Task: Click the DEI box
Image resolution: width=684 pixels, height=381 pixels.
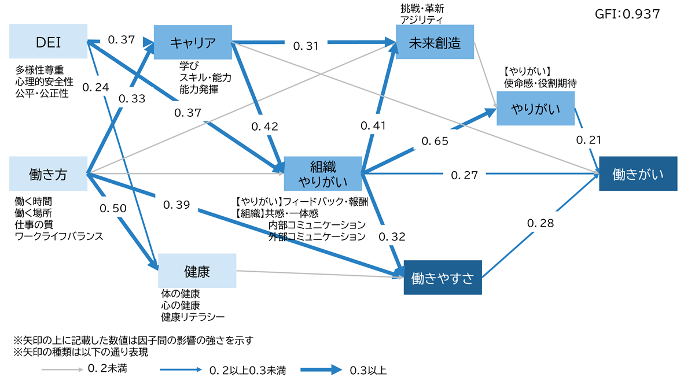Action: (48, 41)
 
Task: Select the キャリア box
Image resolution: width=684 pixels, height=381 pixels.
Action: (193, 42)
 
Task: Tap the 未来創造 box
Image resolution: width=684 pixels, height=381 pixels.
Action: (436, 42)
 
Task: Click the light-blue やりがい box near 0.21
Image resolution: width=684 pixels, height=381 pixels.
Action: (535, 108)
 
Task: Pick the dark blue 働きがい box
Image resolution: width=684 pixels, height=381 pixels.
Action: (637, 173)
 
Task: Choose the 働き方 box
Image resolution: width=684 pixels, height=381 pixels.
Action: (48, 173)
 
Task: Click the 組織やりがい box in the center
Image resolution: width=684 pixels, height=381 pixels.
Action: (322, 173)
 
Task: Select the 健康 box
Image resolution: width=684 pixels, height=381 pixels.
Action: (197, 271)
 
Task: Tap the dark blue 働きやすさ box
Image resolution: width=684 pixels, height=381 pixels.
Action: (443, 278)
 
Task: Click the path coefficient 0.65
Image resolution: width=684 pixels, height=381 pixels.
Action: (435, 140)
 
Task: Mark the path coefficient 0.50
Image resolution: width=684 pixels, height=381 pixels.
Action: (113, 208)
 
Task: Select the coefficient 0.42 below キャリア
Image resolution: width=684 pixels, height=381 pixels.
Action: (264, 127)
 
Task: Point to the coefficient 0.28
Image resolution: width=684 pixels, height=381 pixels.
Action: (540, 223)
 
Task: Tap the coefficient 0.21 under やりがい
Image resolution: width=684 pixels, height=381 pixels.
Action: (589, 140)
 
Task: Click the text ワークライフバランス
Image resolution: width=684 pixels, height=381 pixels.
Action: (58, 236)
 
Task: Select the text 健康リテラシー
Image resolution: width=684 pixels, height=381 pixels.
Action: (193, 317)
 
